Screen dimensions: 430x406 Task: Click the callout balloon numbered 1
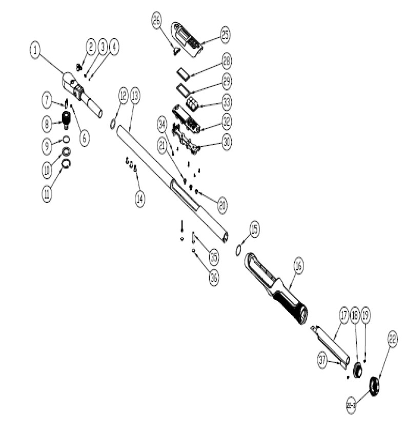click(x=35, y=50)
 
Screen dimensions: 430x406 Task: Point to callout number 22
click(x=393, y=338)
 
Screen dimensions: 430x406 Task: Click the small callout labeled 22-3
click(x=351, y=405)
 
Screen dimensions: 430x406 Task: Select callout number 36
click(x=214, y=277)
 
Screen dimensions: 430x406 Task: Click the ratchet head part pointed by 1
click(x=77, y=88)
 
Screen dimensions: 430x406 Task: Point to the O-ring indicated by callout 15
click(x=238, y=249)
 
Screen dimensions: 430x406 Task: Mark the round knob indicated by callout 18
click(x=358, y=369)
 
